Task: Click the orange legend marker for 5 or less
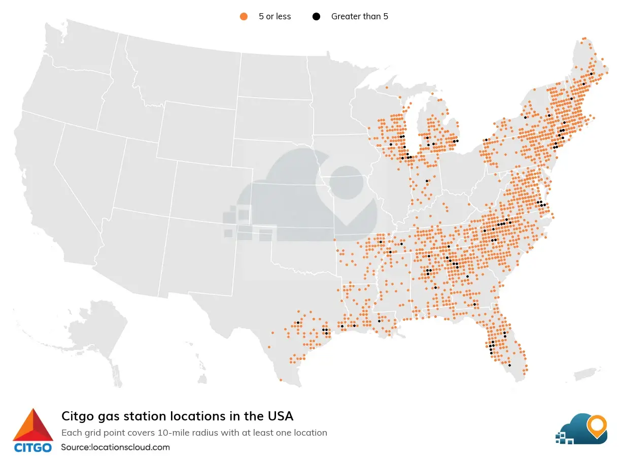[244, 16]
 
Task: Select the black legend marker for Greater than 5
[317, 16]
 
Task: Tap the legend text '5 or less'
[274, 16]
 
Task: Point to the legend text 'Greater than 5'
[359, 16]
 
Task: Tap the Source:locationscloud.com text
[115, 447]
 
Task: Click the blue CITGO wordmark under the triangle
[32, 448]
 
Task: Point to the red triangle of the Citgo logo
[33, 426]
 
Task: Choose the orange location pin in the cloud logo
[597, 426]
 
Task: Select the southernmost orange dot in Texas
[281, 380]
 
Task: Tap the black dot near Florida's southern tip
[509, 365]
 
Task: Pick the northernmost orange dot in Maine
[585, 38]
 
